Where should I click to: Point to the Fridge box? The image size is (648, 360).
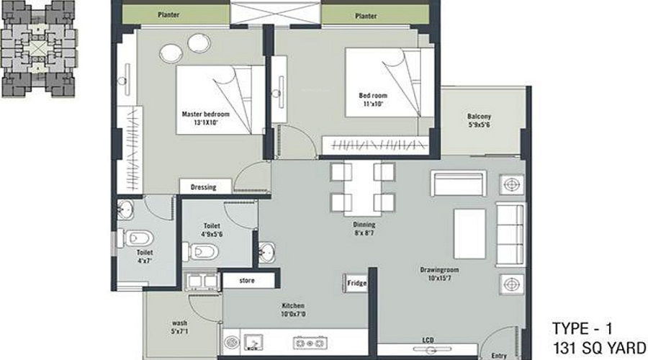(357, 283)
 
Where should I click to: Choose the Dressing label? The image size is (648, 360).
(203, 187)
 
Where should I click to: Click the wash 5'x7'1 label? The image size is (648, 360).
(180, 327)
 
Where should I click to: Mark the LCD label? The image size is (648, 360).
(428, 341)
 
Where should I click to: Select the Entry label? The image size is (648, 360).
(500, 355)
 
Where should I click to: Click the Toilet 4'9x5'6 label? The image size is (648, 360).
(213, 230)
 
